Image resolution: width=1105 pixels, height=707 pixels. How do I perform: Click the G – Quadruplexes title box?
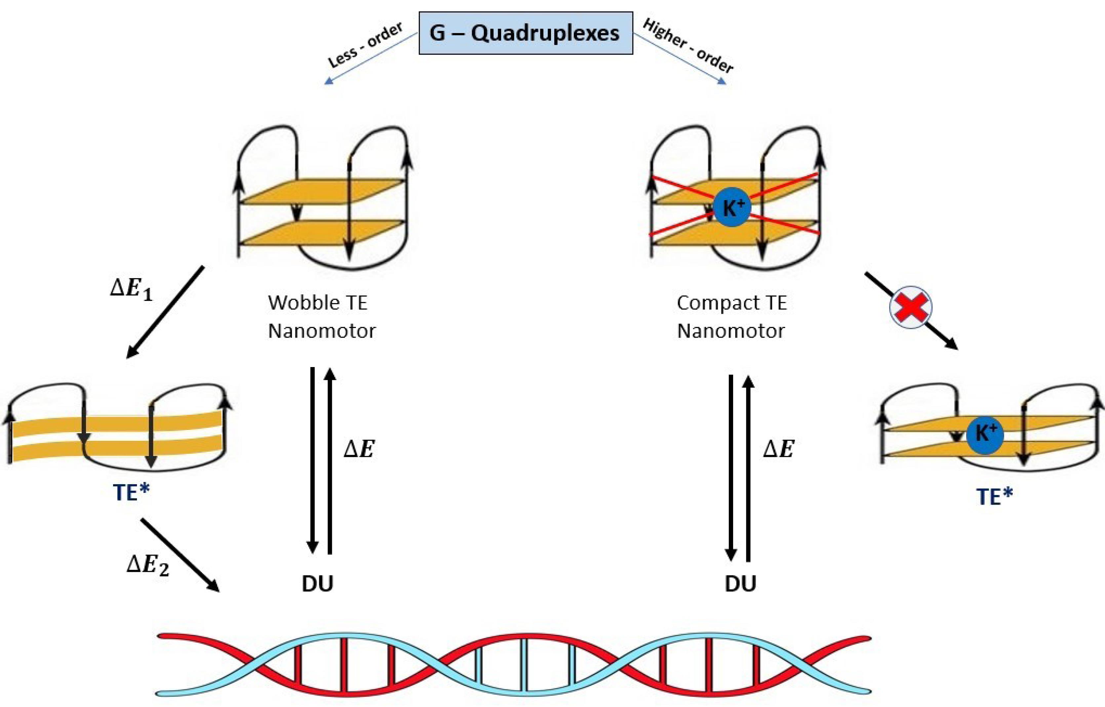[x=526, y=33]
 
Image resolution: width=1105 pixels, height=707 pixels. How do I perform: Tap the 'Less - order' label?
[x=366, y=45]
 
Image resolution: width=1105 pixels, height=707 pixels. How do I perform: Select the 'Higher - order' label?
[x=688, y=46]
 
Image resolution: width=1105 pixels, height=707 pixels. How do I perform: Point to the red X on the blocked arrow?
[x=911, y=307]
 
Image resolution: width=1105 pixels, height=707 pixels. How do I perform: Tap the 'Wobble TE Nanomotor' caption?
[x=321, y=317]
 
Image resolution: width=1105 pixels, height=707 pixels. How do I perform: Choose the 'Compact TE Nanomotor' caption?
[x=731, y=317]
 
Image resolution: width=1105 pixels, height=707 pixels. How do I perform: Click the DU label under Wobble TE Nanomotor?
[x=318, y=584]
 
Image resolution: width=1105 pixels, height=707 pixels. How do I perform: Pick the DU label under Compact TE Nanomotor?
[x=740, y=584]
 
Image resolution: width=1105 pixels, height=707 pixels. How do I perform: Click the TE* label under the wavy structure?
[x=132, y=493]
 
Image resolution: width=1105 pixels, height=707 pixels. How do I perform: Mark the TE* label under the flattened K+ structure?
[x=994, y=497]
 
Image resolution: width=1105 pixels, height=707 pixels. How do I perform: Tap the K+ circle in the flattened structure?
[x=985, y=434]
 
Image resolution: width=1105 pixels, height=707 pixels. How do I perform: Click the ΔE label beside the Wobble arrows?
[x=359, y=449]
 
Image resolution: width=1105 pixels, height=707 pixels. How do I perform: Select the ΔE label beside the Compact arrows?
[x=779, y=449]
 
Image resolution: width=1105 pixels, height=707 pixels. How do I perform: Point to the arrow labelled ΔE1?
[x=165, y=312]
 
